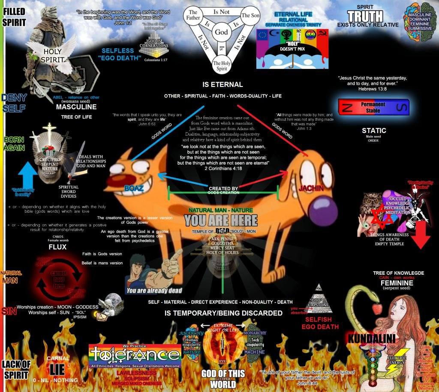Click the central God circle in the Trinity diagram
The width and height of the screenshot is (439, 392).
(x=221, y=32)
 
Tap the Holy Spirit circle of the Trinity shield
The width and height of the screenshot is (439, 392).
(x=221, y=65)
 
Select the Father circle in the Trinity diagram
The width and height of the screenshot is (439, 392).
(x=193, y=16)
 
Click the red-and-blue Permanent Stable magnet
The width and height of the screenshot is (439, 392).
(x=373, y=107)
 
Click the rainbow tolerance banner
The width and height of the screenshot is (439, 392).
(x=135, y=355)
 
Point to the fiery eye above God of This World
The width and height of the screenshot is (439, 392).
(x=222, y=344)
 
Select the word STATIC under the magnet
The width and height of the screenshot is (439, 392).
(x=373, y=131)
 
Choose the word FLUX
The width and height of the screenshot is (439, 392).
(x=57, y=247)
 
